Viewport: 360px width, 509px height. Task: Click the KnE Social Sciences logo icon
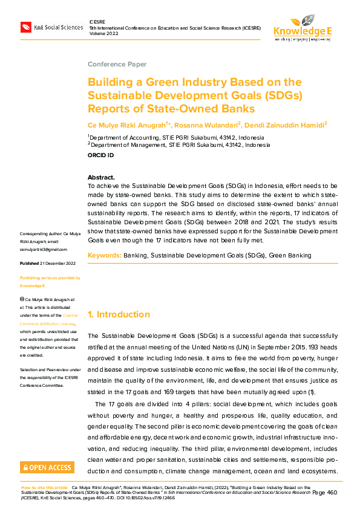coord(26,27)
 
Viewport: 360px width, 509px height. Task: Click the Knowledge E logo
coord(302,28)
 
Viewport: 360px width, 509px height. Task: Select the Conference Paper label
coord(117,64)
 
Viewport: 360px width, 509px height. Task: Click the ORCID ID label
coord(100,155)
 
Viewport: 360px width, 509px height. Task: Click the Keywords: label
coord(105,256)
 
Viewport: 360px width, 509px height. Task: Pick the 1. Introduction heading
coord(119,314)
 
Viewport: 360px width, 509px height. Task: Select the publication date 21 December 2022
coord(57,264)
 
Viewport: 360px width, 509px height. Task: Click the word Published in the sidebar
coord(29,264)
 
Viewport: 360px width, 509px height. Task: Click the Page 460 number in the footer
coord(324,493)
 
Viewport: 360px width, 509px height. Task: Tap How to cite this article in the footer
coord(44,487)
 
